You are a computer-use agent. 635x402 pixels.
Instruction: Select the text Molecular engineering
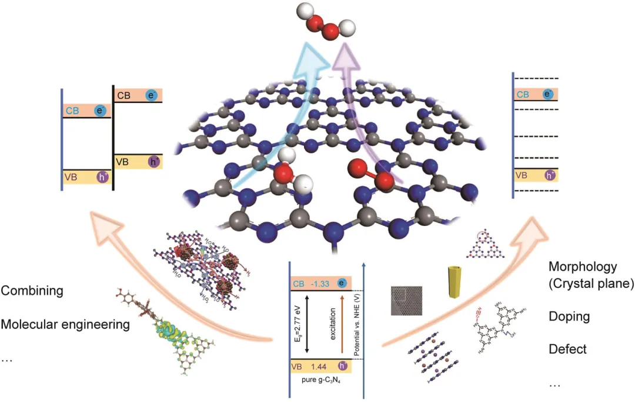click(65, 324)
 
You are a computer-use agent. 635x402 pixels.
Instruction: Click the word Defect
click(567, 349)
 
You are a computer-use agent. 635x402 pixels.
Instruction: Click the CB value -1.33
click(320, 284)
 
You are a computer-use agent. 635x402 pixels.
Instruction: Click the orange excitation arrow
click(342, 324)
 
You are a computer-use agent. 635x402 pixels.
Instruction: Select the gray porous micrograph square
click(406, 301)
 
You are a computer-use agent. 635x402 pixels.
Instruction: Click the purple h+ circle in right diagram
click(550, 175)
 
